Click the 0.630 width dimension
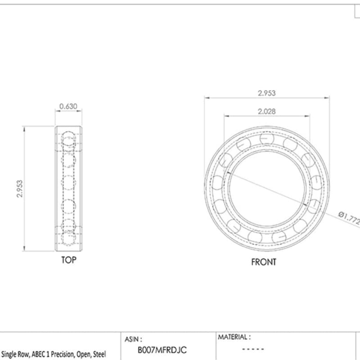click(x=68, y=107)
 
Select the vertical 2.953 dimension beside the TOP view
click(x=19, y=189)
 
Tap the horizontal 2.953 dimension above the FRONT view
click(x=266, y=93)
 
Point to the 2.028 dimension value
click(x=266, y=111)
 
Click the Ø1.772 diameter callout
click(x=349, y=218)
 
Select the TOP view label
click(x=68, y=260)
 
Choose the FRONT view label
click(x=264, y=261)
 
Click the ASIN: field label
click(x=133, y=338)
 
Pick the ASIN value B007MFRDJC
click(x=162, y=350)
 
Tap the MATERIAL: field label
click(x=234, y=337)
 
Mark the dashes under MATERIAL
click(x=253, y=349)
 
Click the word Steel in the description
click(x=99, y=355)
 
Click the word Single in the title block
click(x=9, y=355)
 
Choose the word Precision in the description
click(x=62, y=355)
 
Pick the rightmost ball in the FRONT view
click(x=317, y=182)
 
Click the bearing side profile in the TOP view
click(x=68, y=189)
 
